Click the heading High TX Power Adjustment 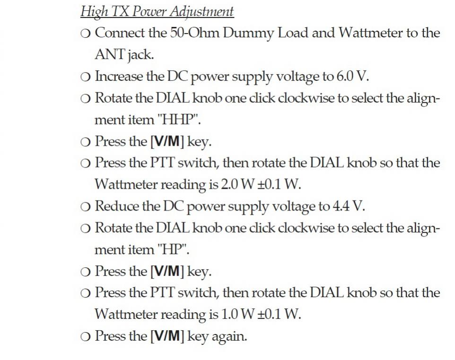157,12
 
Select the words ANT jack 124,54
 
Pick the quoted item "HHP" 178,119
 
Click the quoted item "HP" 173,249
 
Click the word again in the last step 229,337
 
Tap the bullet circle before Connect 85,34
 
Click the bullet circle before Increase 85,78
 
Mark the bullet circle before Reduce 85,207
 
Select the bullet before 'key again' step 85,337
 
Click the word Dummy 248,33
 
